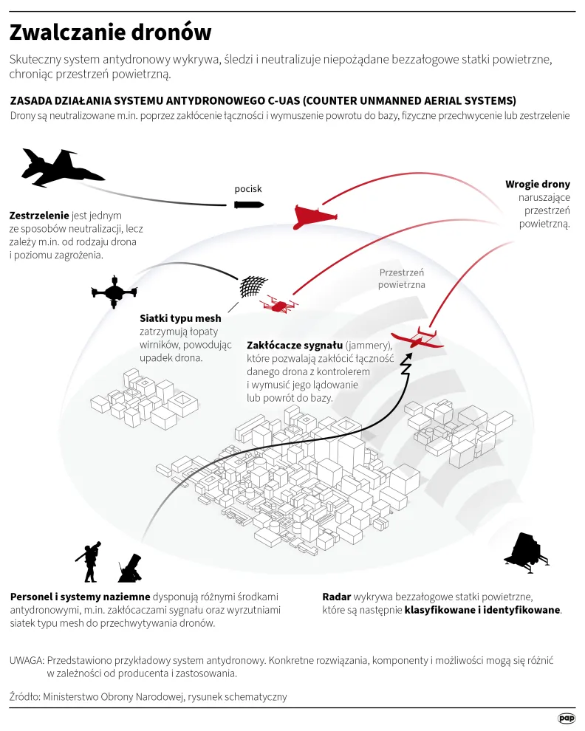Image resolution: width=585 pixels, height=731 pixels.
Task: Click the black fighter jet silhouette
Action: coord(61,168)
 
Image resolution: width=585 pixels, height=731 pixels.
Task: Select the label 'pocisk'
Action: coord(248,189)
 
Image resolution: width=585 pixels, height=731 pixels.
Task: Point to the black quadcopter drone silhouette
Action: coord(114,292)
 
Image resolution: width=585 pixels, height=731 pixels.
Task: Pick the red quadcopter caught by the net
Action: coord(278,303)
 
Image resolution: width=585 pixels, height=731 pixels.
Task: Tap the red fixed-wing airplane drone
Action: coord(417,338)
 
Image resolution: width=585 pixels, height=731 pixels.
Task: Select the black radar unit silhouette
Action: coord(525,550)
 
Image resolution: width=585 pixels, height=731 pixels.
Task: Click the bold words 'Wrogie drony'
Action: coord(537,185)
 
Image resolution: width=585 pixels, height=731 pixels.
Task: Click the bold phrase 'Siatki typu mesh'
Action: coord(180,319)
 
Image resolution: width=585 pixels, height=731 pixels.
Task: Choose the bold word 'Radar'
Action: coord(337,597)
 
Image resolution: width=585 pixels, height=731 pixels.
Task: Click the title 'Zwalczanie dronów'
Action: coord(110,32)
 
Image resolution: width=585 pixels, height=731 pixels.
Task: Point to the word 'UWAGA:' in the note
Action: coord(27,659)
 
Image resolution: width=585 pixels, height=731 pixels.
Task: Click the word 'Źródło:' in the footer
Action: coord(25,696)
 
